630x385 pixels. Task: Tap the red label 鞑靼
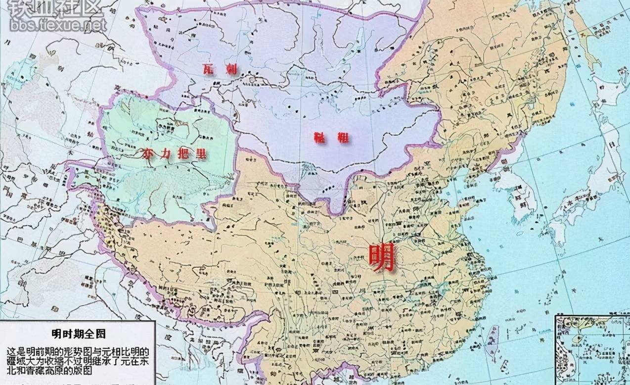(x=331, y=138)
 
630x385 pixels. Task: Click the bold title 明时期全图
(x=79, y=335)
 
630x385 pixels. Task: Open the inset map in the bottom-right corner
(x=591, y=349)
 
